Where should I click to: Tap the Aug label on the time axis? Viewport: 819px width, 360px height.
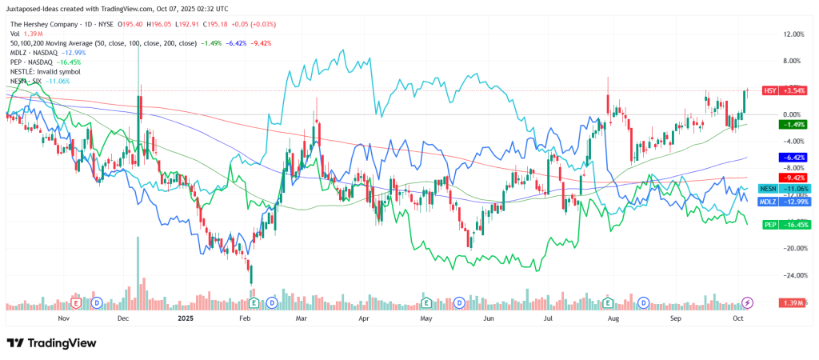click(613, 318)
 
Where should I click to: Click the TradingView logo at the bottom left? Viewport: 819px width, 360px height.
click(51, 342)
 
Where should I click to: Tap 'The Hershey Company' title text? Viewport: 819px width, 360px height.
click(45, 23)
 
